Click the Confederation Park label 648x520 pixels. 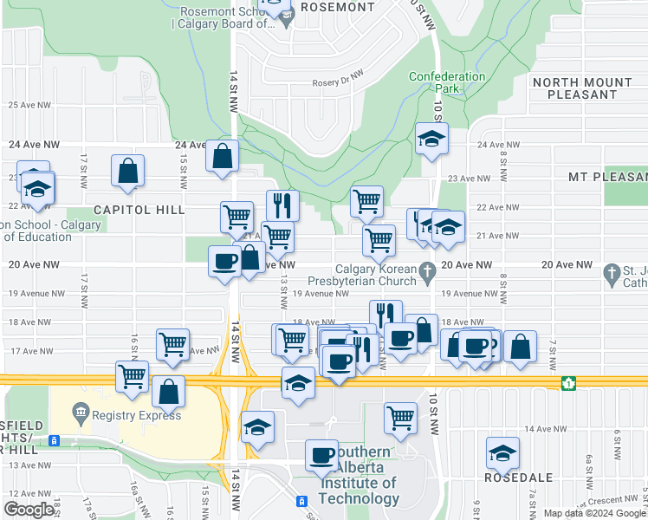447,82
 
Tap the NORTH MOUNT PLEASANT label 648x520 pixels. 582,89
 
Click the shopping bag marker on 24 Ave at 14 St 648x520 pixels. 223,156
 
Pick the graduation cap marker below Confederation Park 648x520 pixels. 431,139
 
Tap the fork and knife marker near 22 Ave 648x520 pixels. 282,205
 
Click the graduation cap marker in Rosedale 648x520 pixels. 502,452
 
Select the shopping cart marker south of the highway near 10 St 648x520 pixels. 400,417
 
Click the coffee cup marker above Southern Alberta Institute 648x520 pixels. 321,453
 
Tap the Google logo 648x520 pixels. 29,510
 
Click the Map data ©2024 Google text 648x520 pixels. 593,513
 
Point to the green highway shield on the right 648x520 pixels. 568,382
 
